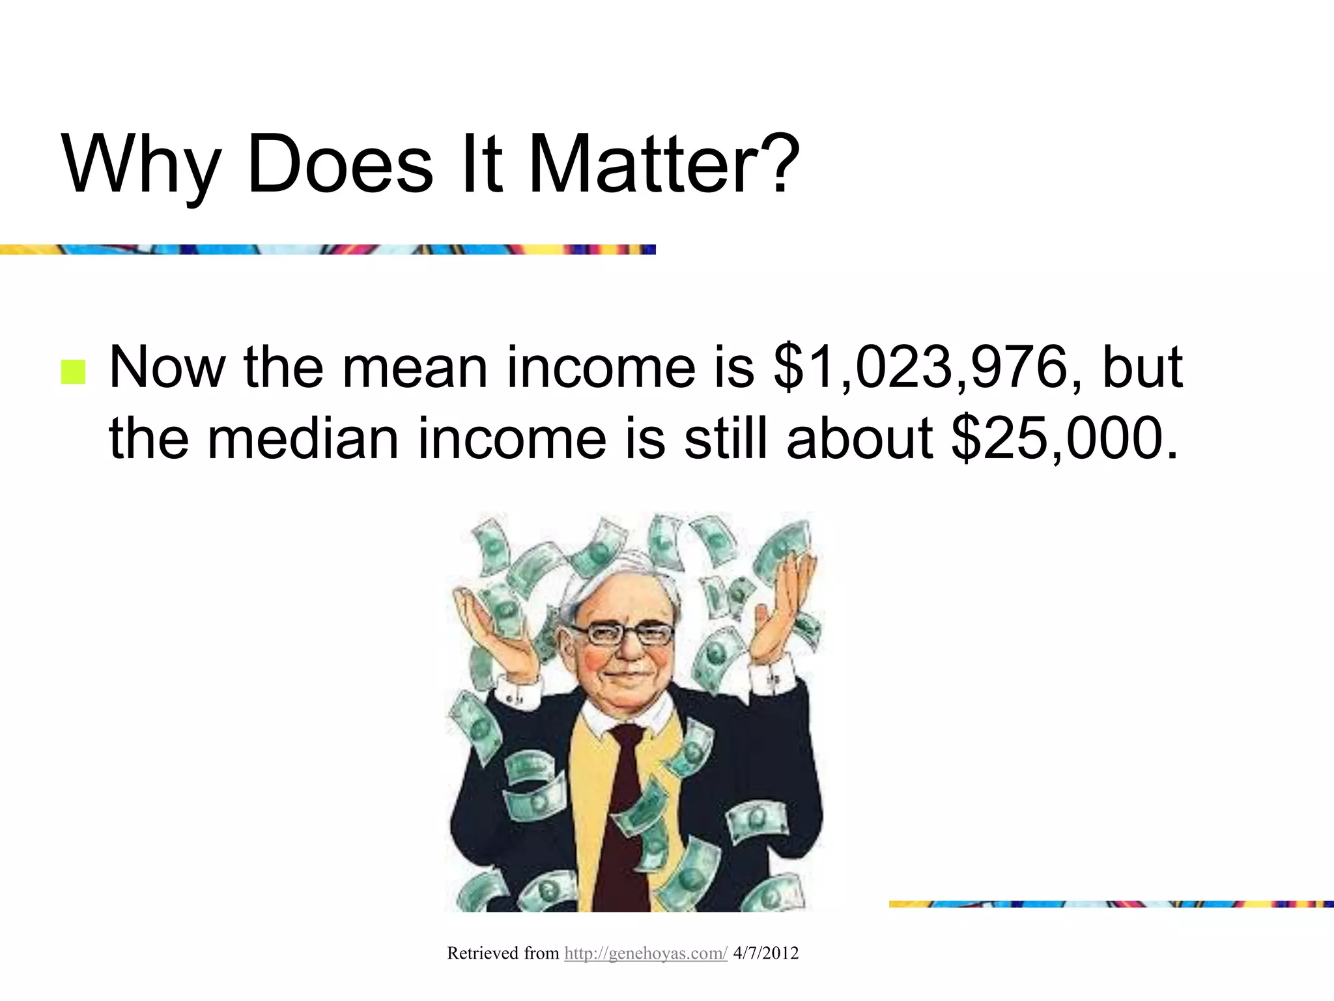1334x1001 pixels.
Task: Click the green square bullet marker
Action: [x=73, y=372]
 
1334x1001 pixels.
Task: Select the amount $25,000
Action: [x=1064, y=439]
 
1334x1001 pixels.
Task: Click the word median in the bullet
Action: [x=303, y=439]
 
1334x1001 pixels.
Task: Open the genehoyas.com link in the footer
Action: [x=645, y=953]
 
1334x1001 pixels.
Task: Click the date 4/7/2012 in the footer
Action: [x=765, y=953]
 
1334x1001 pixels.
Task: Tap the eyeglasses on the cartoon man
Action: [x=621, y=633]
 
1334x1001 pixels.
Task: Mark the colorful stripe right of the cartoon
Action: [x=1111, y=904]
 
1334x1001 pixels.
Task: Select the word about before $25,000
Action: [x=859, y=439]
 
